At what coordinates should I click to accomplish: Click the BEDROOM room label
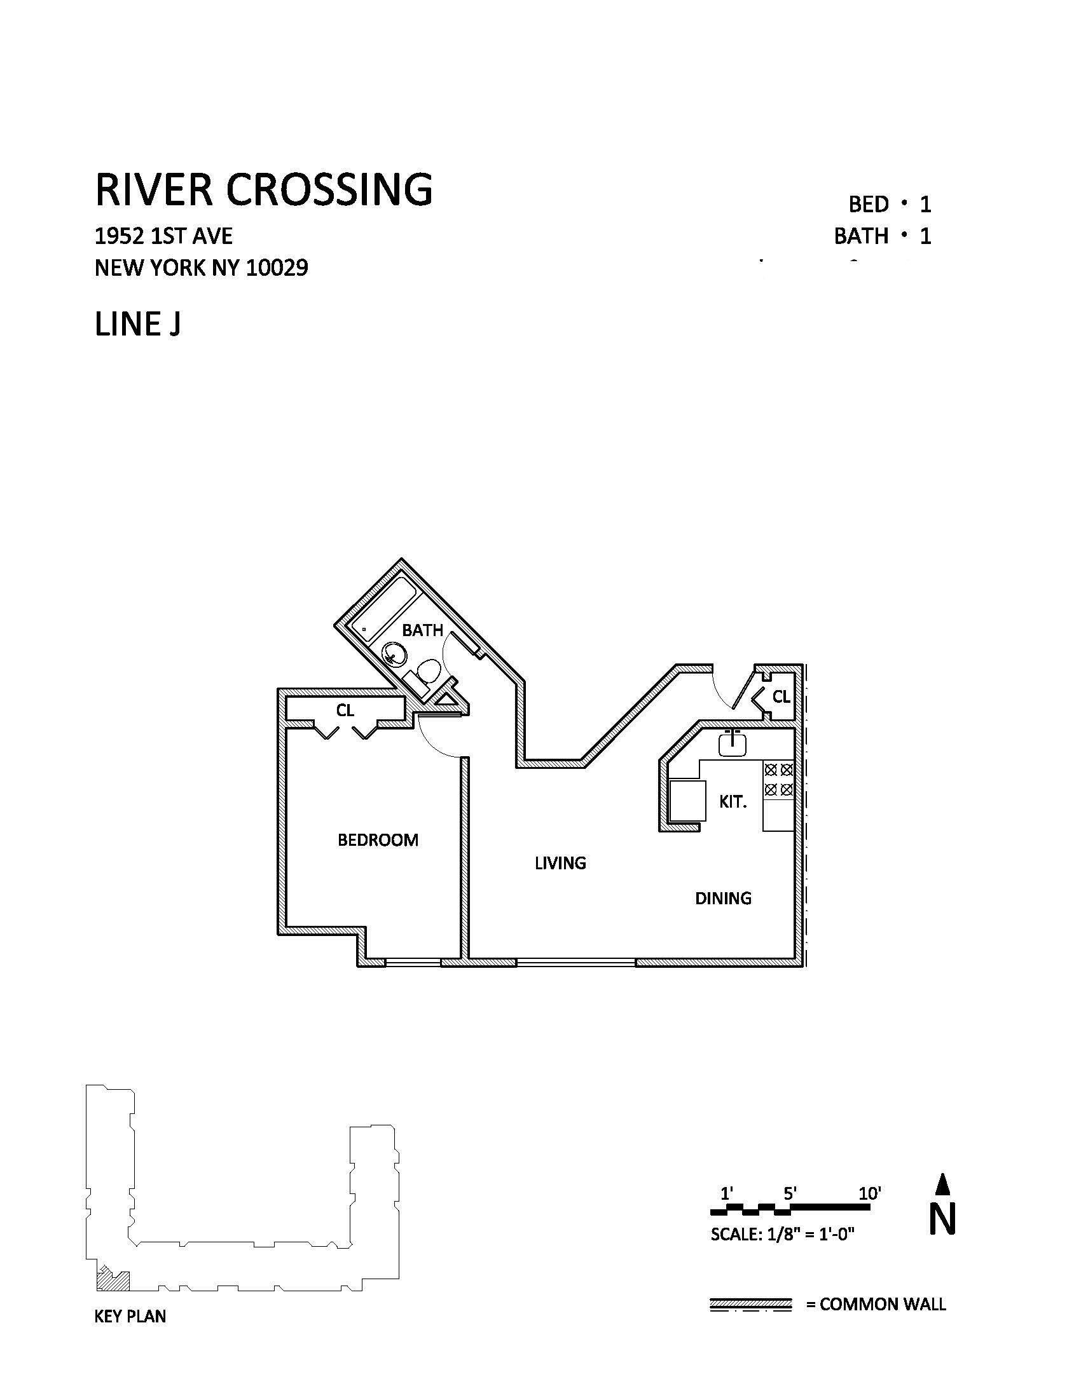click(378, 840)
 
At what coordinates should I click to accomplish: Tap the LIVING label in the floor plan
click(560, 864)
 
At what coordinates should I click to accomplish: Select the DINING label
click(723, 899)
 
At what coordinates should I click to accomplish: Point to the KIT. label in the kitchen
click(733, 802)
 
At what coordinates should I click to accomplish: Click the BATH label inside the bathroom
click(423, 630)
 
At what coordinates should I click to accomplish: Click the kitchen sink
click(732, 744)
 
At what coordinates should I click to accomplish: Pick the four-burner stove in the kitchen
click(779, 780)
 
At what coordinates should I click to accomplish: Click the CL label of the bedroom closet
click(345, 710)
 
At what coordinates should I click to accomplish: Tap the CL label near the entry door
click(781, 697)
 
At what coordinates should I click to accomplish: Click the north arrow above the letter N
click(942, 1184)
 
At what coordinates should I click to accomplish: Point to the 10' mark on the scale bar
click(871, 1194)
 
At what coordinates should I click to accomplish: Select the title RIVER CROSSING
click(264, 189)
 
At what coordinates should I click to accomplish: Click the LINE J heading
click(138, 324)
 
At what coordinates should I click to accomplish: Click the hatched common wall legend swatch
click(750, 1304)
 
